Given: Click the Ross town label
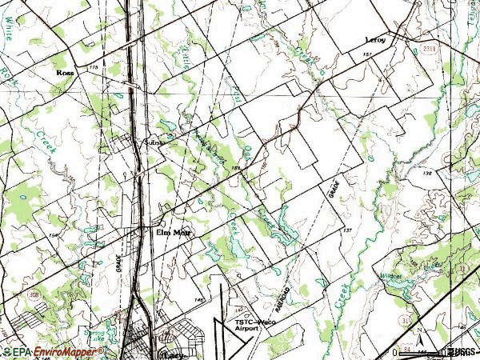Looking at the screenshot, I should pyautogui.click(x=65, y=72).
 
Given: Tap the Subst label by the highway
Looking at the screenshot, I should pyautogui.click(x=152, y=142).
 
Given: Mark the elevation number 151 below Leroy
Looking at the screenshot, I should pyautogui.click(x=367, y=53).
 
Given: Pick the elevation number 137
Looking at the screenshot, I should pyautogui.click(x=347, y=230).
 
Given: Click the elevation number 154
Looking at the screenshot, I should pyautogui.click(x=53, y=235).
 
